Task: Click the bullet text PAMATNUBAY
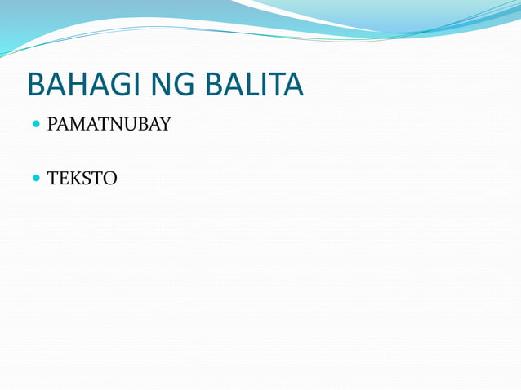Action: [x=109, y=126]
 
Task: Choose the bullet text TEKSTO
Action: [x=82, y=177]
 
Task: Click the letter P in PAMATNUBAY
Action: [x=52, y=126]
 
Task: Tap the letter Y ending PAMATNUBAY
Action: [x=164, y=126]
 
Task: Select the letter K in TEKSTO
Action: [x=78, y=177]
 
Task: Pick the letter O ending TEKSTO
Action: [x=110, y=177]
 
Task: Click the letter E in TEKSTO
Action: [x=65, y=177]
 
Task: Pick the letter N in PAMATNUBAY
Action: [x=117, y=126]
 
